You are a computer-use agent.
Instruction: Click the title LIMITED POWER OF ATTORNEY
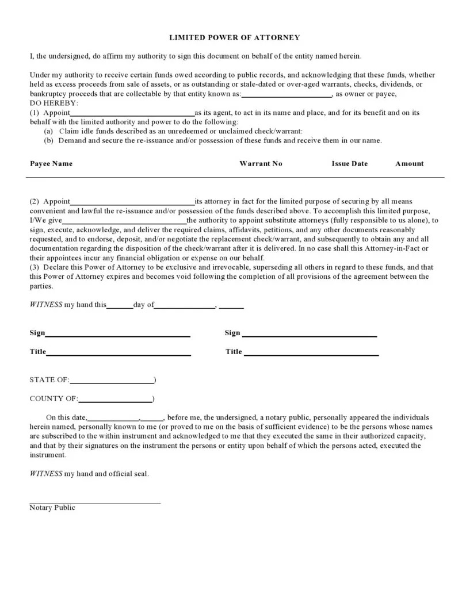234,37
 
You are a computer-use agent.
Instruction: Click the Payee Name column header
51,164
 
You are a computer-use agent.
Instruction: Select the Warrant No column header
261,164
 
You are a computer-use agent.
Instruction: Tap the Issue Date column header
349,164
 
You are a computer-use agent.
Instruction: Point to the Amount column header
409,164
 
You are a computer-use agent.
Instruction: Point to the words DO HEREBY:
54,103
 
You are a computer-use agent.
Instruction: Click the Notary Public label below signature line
52,508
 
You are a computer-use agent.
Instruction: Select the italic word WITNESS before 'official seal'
46,474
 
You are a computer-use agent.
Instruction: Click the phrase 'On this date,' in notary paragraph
67,418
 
